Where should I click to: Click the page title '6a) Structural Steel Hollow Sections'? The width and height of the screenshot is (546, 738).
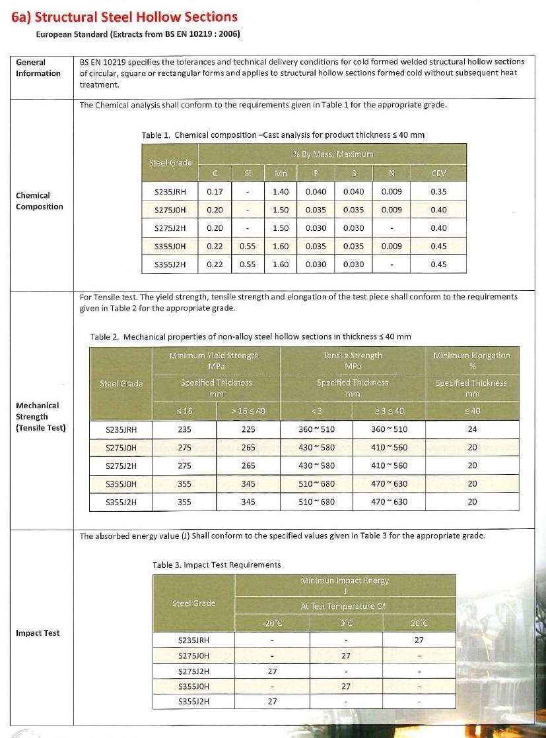coord(124,16)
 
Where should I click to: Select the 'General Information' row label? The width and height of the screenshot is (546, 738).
coord(38,68)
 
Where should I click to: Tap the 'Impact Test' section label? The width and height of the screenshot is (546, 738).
coord(38,633)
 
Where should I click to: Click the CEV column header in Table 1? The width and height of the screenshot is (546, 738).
coord(438,173)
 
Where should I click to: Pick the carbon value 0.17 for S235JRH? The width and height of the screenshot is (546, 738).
coord(214,192)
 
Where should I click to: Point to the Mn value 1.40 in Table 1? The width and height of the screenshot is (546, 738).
coord(281,192)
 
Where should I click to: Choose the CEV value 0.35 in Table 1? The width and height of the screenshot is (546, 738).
coord(438,192)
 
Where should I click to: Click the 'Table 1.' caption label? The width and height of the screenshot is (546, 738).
coord(156,135)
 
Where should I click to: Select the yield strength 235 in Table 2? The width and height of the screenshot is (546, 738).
coord(185,429)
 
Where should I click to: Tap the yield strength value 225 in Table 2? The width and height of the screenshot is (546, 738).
coord(248,429)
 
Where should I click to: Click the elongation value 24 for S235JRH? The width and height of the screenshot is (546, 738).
coord(471,429)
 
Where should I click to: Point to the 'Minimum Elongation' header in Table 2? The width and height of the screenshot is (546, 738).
coord(471,355)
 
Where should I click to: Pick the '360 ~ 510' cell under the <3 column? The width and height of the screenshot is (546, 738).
coord(316,429)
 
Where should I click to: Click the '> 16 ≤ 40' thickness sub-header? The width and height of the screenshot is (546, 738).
coord(248,411)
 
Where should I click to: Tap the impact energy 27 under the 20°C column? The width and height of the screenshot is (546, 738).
coord(419,640)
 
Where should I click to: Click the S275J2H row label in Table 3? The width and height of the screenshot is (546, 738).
coord(194,671)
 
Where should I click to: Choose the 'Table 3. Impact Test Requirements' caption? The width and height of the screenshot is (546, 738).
coord(217,565)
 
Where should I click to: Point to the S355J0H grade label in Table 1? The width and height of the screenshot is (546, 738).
coord(170,246)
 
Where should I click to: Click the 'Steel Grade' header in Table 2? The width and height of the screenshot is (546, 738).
coord(121,383)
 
